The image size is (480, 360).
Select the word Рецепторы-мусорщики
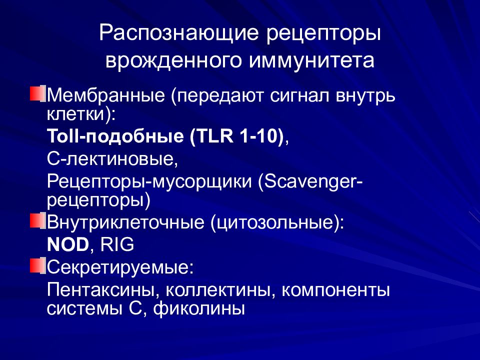coord(150,182)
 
